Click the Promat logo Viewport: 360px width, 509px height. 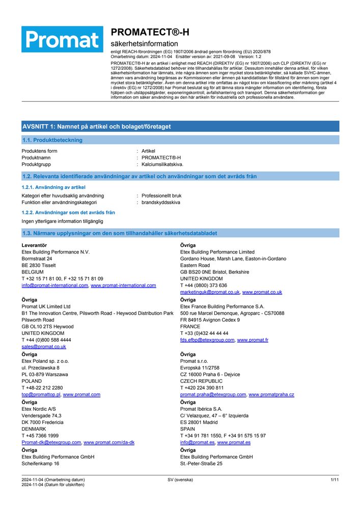coord(62,39)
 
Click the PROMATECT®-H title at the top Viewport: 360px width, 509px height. coord(150,32)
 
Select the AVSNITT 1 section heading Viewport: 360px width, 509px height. coord(96,126)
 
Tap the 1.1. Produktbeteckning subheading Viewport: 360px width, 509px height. coord(52,140)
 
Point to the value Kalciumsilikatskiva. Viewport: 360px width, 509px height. coord(162,164)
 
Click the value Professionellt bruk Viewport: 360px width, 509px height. coord(161,195)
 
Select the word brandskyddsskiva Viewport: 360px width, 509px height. coord(160,202)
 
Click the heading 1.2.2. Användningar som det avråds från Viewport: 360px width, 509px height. coord(68,212)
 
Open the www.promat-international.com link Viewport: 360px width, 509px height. coord(123,286)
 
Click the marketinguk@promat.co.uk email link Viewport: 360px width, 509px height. coord(210,292)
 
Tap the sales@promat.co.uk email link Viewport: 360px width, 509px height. coord(44,347)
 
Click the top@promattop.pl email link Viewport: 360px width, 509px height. coord(41,394)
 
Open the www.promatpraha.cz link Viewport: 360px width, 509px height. coord(271,394)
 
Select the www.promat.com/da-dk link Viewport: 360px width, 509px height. coord(109,442)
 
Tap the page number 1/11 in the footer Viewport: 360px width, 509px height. coord(335,479)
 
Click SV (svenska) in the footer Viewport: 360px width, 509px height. coord(180,479)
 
